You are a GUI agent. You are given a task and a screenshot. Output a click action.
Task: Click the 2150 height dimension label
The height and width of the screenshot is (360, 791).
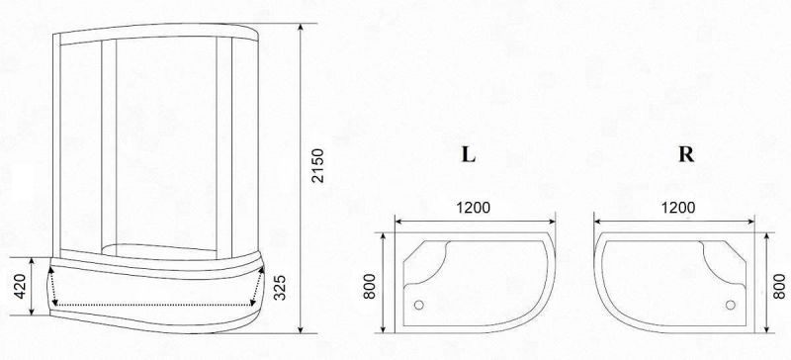point(317,165)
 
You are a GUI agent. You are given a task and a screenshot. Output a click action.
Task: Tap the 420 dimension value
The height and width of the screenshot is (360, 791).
point(20,286)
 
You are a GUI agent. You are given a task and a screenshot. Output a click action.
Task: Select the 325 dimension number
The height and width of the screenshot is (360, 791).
point(279,287)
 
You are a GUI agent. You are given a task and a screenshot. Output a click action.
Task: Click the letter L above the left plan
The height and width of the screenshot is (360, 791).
point(469,155)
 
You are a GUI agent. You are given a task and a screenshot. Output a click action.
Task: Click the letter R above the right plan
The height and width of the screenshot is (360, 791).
point(686,155)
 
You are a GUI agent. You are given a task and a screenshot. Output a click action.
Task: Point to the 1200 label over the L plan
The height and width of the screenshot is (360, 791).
point(474,208)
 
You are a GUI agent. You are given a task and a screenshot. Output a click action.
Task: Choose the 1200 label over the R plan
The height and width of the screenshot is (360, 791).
point(678,208)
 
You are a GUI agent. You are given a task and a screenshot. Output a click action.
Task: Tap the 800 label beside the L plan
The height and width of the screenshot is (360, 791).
point(370,286)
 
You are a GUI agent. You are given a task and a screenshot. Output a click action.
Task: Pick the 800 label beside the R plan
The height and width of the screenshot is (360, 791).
point(779,286)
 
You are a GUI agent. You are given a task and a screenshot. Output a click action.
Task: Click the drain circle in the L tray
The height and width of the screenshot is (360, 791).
point(418,305)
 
